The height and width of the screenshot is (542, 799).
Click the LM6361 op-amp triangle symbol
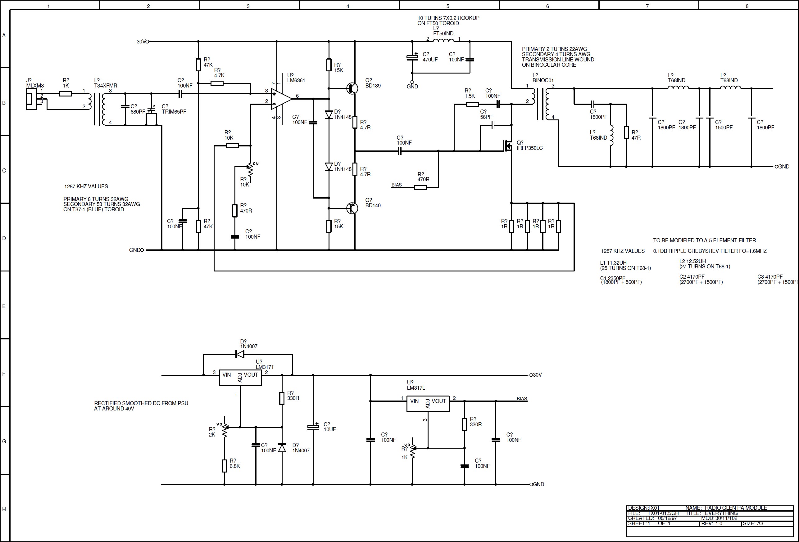[x=280, y=99]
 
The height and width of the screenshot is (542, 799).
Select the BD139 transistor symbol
[x=352, y=88]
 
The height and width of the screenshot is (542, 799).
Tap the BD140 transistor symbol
[x=352, y=208]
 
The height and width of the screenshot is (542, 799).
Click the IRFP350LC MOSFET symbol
[x=508, y=146]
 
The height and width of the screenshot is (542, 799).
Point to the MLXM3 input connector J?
[x=31, y=99]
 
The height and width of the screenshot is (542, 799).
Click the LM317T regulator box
[x=240, y=377]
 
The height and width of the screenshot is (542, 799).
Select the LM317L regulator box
[x=428, y=404]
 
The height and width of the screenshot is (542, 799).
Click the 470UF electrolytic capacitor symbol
[x=412, y=57]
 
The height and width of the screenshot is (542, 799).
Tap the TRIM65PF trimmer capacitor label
[x=174, y=112]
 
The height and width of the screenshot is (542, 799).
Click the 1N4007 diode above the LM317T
[x=240, y=354]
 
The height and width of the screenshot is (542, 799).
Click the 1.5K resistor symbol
[x=472, y=104]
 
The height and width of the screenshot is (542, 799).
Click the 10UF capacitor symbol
[x=313, y=427]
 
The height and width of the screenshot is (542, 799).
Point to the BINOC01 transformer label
[x=543, y=80]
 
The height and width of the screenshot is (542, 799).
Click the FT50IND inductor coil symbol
[x=443, y=41]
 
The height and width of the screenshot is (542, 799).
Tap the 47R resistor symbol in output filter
[x=626, y=132]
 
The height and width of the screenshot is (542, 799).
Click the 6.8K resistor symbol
[x=224, y=466]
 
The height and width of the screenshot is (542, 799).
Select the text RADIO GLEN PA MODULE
[x=735, y=508]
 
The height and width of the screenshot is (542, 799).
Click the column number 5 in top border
[x=448, y=6]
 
